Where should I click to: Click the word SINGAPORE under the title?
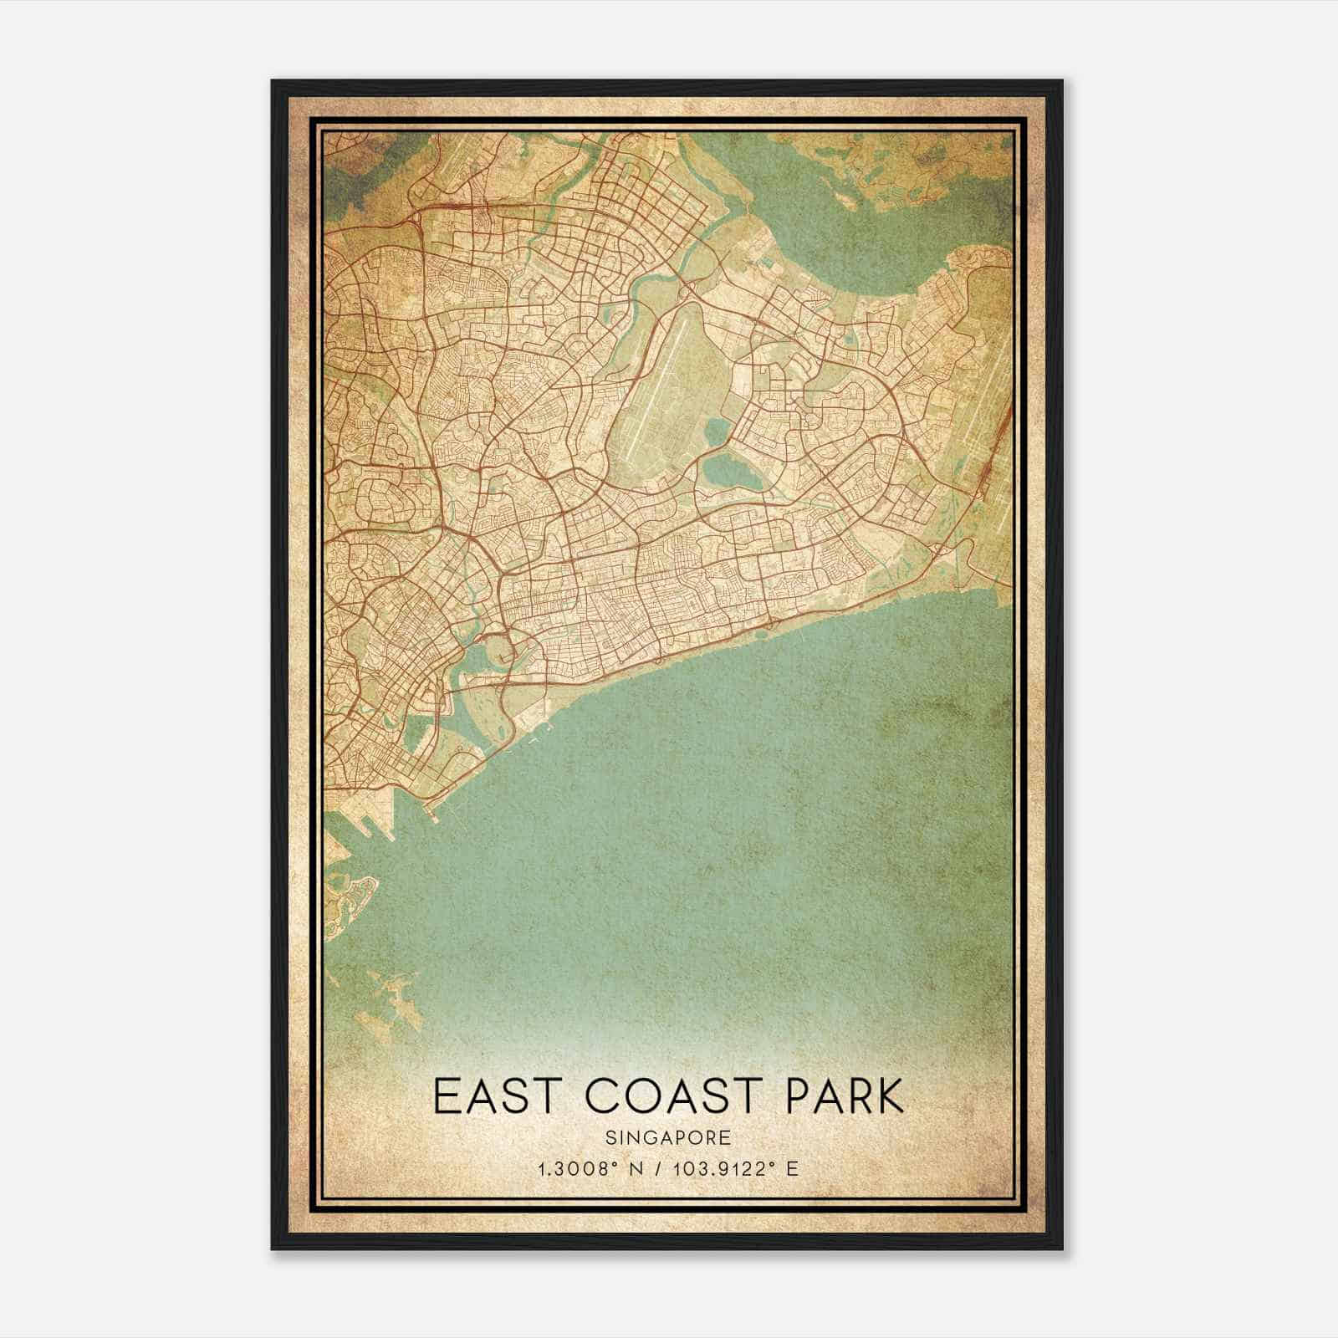pyautogui.click(x=669, y=1138)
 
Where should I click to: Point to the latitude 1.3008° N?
pyautogui.click(x=590, y=1168)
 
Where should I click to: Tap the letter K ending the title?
pyautogui.click(x=888, y=1095)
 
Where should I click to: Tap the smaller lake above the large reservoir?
pyautogui.click(x=718, y=433)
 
